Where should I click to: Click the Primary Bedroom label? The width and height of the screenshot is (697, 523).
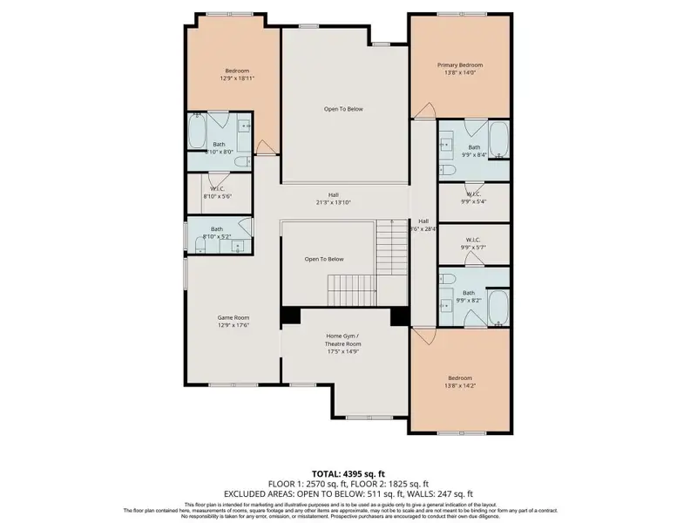pyautogui.click(x=459, y=65)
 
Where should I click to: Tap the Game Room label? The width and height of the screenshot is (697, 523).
pyautogui.click(x=233, y=318)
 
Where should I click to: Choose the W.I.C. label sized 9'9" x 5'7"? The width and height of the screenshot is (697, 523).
pyautogui.click(x=473, y=239)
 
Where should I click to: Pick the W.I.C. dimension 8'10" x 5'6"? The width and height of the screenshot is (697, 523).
pyautogui.click(x=218, y=197)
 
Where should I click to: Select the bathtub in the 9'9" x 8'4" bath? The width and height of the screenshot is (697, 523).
pyautogui.click(x=498, y=139)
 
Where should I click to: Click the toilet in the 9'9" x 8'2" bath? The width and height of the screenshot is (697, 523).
pyautogui.click(x=447, y=278)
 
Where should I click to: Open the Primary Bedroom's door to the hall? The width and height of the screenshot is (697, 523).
pyautogui.click(x=424, y=112)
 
